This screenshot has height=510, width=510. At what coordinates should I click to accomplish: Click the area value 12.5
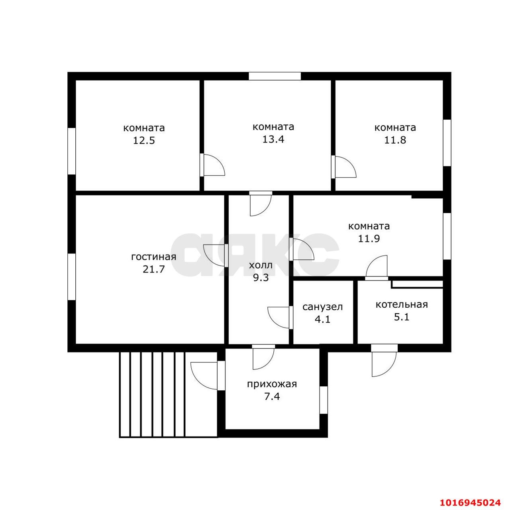pos(144,140)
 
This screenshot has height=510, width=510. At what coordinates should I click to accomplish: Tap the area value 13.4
pos(273,139)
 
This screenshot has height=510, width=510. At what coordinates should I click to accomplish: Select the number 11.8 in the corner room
pos(395,140)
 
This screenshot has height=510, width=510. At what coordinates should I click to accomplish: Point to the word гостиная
pos(154,257)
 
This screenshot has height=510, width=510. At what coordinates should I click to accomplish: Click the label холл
pos(261,265)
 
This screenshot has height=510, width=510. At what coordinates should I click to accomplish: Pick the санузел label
pos(322,307)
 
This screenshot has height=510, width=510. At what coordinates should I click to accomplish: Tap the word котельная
pos(402,304)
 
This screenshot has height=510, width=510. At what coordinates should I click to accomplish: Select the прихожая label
pos(272,384)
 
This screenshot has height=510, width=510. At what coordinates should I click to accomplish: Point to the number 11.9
pos(369,239)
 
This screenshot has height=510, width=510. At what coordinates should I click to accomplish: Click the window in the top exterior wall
pos(275,76)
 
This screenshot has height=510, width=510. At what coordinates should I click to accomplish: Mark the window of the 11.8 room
pos(447,143)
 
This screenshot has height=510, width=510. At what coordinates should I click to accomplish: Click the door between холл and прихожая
pos(263,357)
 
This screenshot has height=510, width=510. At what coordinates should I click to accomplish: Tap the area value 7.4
pos(272,397)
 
